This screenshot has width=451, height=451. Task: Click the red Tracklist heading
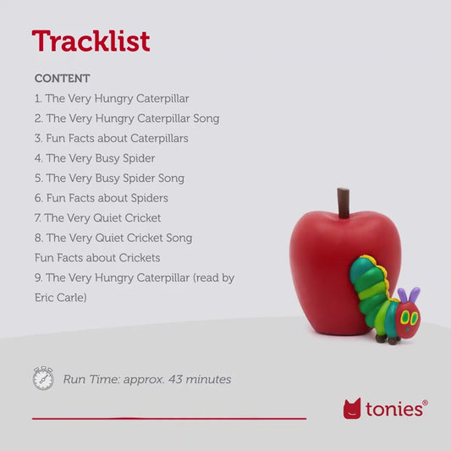coord(91,41)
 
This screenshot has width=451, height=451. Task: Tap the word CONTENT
coord(62,79)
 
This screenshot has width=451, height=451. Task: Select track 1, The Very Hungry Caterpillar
coord(112,98)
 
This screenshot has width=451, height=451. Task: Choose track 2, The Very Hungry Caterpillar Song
coord(127,118)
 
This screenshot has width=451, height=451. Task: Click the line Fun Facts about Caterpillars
coord(112,138)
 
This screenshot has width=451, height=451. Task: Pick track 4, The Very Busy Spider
coord(95,158)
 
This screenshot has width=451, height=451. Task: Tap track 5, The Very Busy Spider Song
coord(109,178)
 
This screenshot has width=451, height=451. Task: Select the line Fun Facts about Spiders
coord(102,198)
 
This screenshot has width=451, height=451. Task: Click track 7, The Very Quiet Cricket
coord(97,217)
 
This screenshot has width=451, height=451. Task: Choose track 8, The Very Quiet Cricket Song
coord(113,238)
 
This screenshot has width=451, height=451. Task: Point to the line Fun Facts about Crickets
coord(97,257)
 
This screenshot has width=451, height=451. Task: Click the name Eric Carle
coord(60,298)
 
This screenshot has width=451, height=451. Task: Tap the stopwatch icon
coord(43,378)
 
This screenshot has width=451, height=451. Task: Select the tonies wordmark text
coord(394,409)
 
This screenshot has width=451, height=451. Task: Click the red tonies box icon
coord(352,409)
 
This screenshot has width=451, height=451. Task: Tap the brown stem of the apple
coord(344,204)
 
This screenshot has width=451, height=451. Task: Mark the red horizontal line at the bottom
coord(169,418)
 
